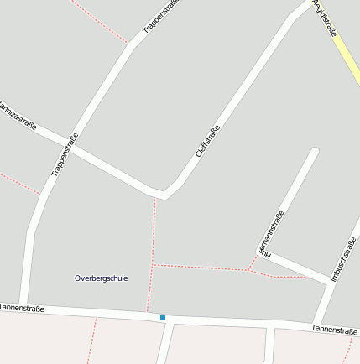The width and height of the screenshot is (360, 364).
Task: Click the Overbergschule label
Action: (x=102, y=278)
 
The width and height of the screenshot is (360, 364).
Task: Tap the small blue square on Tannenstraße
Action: (x=163, y=318)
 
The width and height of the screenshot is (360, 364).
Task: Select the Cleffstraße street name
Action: (x=207, y=140)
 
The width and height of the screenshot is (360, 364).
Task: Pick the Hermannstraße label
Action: (x=272, y=231)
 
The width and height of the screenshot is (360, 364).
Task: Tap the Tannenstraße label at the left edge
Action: (x=22, y=308)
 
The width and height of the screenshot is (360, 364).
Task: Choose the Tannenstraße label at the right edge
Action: (x=334, y=329)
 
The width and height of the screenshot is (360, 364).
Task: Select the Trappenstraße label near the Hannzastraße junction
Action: (x=65, y=155)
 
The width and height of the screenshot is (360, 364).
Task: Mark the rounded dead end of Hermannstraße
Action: (x=315, y=152)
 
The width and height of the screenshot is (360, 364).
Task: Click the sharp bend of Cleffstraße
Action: (x=164, y=195)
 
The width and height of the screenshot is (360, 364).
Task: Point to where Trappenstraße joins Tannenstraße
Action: (x=25, y=308)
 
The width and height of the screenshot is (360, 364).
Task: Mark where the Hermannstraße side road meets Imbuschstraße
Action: (x=328, y=280)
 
